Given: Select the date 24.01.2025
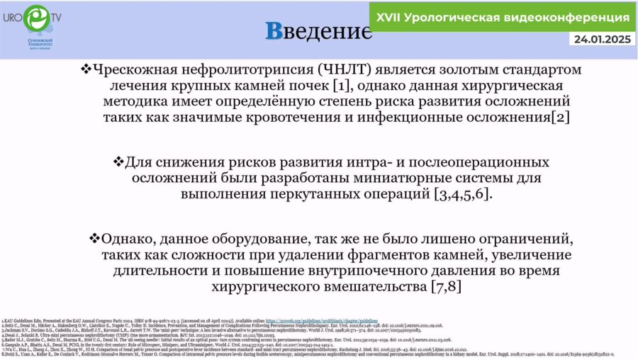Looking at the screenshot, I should click(603, 39).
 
